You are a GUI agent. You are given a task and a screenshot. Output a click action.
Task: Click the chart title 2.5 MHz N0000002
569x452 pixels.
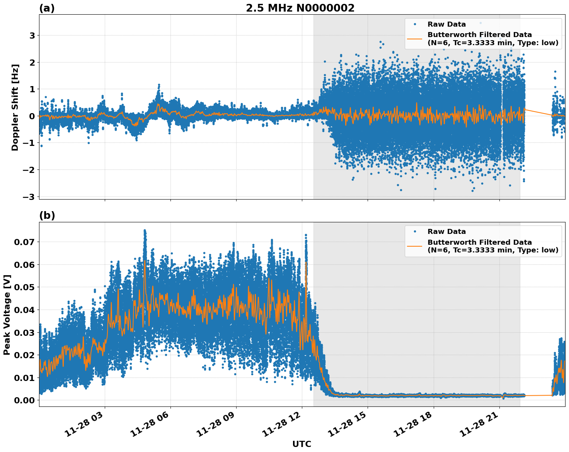[x=300, y=8]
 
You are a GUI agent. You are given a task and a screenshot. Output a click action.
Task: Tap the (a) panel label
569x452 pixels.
[x=47, y=8]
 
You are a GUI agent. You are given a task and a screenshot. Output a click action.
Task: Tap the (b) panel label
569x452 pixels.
[x=47, y=215]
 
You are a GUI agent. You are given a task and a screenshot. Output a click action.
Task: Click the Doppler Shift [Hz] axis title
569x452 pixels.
[x=15, y=107]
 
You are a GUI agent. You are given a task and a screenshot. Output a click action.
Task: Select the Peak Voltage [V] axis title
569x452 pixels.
[x=7, y=315]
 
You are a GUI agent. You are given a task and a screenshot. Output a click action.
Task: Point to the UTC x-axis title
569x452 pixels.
[x=302, y=444]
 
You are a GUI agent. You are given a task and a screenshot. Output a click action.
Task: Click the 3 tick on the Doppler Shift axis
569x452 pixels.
[x=32, y=36]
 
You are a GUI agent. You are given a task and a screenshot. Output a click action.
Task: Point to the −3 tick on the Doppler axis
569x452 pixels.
[x=29, y=196]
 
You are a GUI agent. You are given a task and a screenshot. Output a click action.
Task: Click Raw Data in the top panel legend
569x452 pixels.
[x=446, y=24]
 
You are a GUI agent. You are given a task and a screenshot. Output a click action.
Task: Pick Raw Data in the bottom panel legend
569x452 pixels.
[x=446, y=232]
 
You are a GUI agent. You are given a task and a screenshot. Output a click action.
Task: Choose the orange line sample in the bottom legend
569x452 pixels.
[x=415, y=246]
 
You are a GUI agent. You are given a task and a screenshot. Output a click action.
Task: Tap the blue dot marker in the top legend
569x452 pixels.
[x=415, y=24]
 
